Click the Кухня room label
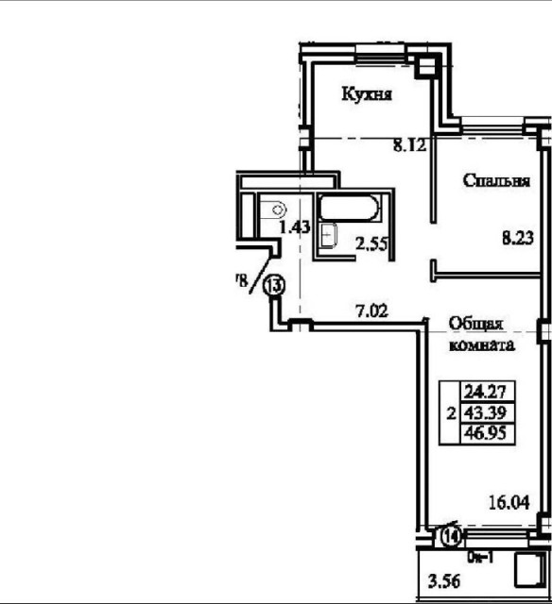pyautogui.click(x=367, y=95)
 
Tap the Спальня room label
pyautogui.click(x=495, y=181)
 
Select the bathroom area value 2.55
pyautogui.click(x=371, y=243)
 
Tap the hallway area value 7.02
pyautogui.click(x=371, y=308)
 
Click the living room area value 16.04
pyautogui.click(x=507, y=503)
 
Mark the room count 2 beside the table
pyautogui.click(x=450, y=412)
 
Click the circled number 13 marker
pyautogui.click(x=275, y=284)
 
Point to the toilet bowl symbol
pyautogui.click(x=276, y=210)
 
